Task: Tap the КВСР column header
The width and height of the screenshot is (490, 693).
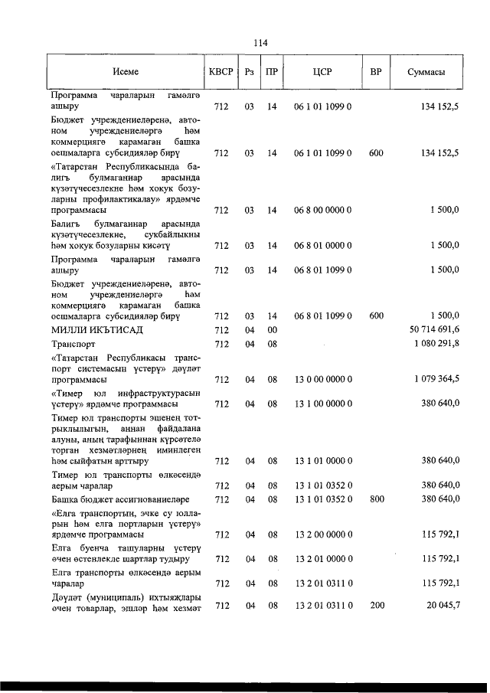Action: pyautogui.click(x=221, y=72)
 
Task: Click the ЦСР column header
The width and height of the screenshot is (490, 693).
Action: pyautogui.click(x=322, y=72)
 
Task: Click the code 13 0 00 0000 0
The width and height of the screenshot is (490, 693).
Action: pyautogui.click(x=322, y=379)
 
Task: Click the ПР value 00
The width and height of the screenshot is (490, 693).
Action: pyautogui.click(x=271, y=330)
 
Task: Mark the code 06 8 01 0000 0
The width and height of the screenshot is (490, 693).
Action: pyautogui.click(x=322, y=246)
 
